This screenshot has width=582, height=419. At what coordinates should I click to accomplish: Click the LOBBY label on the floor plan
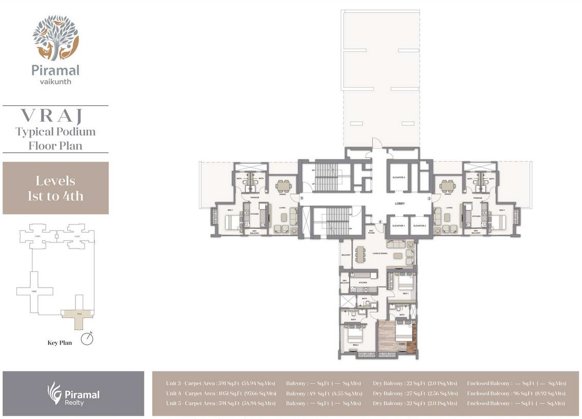pyautogui.click(x=399, y=204)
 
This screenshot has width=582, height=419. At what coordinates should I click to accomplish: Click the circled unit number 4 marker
pyautogui.click(x=380, y=222)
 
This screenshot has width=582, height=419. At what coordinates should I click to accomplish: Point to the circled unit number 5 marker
pyautogui.click(x=302, y=198)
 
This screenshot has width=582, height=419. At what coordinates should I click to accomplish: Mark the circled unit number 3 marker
pyautogui.click(x=429, y=198)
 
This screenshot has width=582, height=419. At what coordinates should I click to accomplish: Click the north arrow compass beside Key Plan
pyautogui.click(x=87, y=340)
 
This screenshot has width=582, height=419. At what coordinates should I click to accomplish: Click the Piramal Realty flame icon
pyautogui.click(x=54, y=393)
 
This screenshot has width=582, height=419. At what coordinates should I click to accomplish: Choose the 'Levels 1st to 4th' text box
pyautogui.click(x=55, y=188)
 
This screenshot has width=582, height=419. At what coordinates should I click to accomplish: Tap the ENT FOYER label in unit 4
pyautogui.click(x=371, y=232)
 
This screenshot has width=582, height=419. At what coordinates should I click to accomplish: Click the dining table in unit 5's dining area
pyautogui.click(x=283, y=185)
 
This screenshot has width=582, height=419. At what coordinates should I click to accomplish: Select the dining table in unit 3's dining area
pyautogui.click(x=448, y=185)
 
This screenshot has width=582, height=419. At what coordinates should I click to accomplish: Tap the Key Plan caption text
pyautogui.click(x=60, y=342)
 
